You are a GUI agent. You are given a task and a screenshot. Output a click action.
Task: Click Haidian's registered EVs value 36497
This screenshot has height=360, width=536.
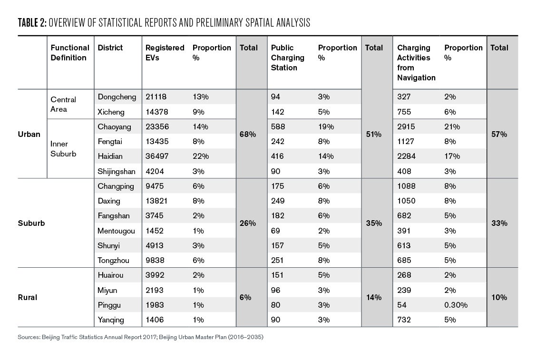[x=157, y=156]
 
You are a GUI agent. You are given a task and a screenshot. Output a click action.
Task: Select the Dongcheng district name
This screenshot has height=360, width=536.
[x=117, y=97]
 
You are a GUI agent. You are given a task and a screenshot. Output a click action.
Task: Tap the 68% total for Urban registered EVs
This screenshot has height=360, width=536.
[x=248, y=135]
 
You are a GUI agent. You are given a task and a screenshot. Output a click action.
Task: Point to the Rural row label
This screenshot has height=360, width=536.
[x=28, y=297]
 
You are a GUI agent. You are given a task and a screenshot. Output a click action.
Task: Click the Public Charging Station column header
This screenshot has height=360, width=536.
[x=287, y=58]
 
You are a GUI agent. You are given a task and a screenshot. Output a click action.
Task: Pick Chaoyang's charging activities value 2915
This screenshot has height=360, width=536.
[x=406, y=127]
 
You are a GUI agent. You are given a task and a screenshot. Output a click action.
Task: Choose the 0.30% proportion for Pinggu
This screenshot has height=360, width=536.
[x=456, y=305]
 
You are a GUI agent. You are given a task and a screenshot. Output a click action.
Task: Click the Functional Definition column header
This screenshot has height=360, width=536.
[x=70, y=53]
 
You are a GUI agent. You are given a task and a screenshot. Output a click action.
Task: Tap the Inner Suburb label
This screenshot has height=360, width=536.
[x=63, y=149]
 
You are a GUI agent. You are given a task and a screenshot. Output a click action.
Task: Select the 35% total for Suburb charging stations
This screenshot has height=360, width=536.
[x=374, y=223]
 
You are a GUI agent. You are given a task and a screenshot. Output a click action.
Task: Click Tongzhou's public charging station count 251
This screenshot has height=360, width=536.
[x=277, y=261]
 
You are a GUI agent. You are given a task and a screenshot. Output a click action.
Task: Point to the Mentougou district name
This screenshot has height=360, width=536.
[x=116, y=231]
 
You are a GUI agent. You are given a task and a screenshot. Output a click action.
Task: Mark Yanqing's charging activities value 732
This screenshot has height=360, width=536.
[x=404, y=320]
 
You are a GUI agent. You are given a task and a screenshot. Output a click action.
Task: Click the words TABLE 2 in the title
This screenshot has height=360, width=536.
[x=32, y=23]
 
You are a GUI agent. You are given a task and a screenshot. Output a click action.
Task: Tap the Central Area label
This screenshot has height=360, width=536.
[x=63, y=104]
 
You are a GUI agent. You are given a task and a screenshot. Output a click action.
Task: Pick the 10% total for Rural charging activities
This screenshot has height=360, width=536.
[x=499, y=297]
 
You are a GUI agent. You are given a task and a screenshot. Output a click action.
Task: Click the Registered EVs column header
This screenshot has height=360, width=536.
[x=165, y=53]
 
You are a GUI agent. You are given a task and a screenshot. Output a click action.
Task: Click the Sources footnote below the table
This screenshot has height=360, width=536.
[x=140, y=337]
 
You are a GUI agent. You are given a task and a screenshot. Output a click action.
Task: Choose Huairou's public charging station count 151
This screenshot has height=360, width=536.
[x=277, y=275]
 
